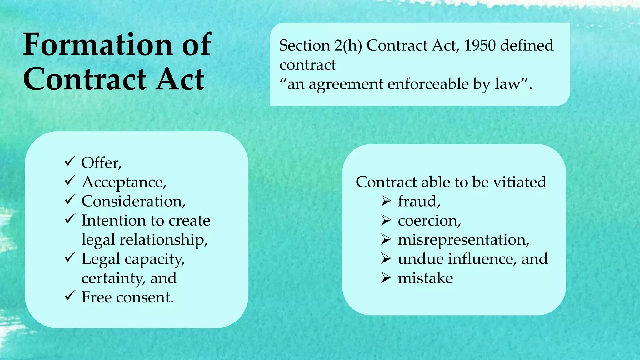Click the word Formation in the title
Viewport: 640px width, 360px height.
[97, 45]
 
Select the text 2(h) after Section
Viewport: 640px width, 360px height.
[348, 46]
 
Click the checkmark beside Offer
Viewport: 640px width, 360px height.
[70, 162]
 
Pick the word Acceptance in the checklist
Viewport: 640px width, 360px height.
[124, 182]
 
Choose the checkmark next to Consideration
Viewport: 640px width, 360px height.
[70, 200]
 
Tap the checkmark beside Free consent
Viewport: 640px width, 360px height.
[70, 296]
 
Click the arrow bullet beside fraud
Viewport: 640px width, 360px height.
[386, 201]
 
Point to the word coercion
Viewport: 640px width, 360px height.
[429, 221]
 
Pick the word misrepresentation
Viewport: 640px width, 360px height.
[463, 240]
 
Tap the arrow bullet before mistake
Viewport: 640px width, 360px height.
[386, 278]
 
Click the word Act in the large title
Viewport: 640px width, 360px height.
[180, 79]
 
